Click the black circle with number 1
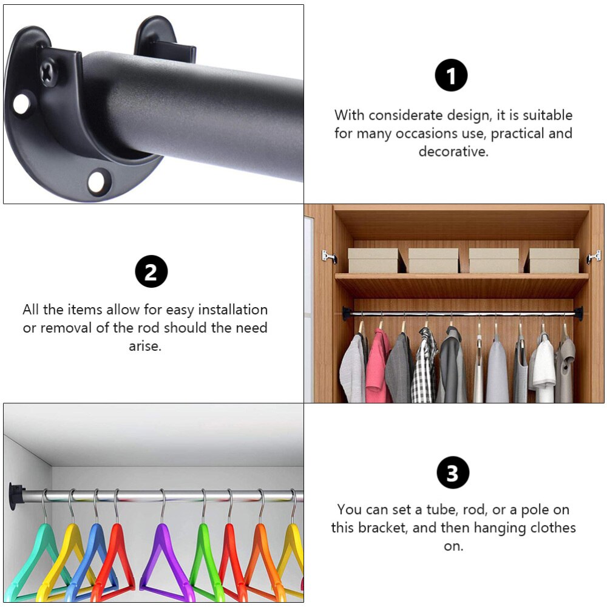click(451, 76)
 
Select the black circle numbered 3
click(453, 473)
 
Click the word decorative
click(453, 152)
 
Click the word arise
click(145, 346)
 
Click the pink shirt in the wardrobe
click(378, 367)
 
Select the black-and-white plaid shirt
click(424, 367)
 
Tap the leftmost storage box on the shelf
click(373, 260)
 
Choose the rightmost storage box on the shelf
click(554, 260)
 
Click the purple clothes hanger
click(163, 558)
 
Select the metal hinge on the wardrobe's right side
click(594, 257)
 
